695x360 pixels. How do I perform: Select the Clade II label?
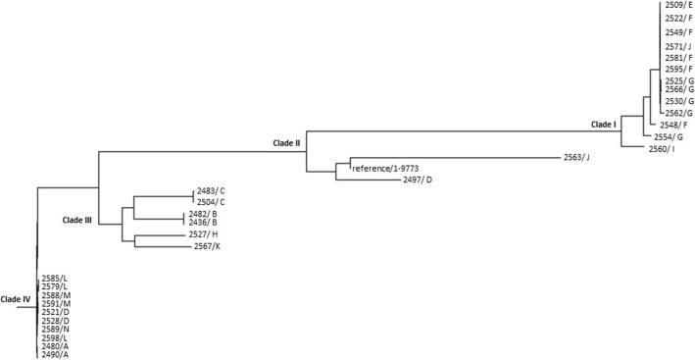coord(286,143)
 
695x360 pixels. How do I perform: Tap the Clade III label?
coord(76,221)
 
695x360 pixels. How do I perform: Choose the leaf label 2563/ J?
coord(576,157)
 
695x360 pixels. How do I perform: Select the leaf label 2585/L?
coord(54,278)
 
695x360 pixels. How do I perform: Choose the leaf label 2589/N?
coord(55,334)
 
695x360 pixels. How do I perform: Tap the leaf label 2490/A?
coord(55,354)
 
